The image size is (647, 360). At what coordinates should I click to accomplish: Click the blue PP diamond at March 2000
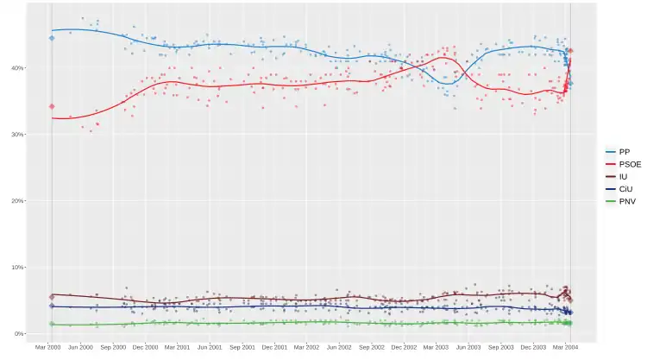[52, 38]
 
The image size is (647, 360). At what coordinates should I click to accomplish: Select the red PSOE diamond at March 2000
[52, 106]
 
